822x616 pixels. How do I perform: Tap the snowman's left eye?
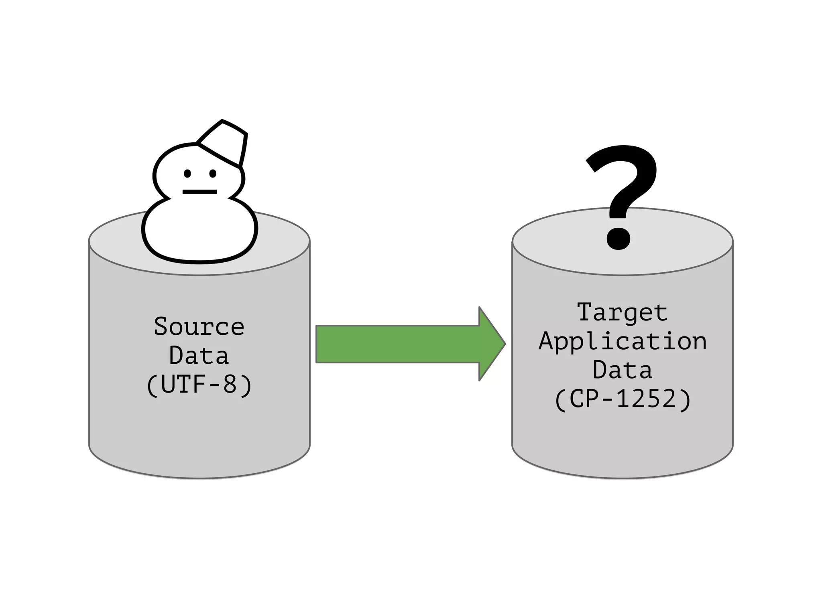(x=187, y=174)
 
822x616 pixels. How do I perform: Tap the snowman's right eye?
(x=213, y=174)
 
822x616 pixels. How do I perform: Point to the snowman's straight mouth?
(x=199, y=192)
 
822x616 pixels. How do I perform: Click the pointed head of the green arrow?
(x=492, y=344)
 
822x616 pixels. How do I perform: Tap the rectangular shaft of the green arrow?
(x=397, y=344)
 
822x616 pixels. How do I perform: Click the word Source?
(x=199, y=326)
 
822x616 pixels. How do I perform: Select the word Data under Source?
(x=199, y=355)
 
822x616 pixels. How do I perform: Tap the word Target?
(x=622, y=312)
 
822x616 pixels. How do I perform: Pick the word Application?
(x=622, y=342)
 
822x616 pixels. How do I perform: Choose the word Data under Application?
(x=622, y=370)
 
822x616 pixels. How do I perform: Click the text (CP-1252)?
(x=622, y=399)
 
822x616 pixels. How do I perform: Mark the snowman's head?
(x=199, y=172)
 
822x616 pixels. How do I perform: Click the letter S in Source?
(x=161, y=326)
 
